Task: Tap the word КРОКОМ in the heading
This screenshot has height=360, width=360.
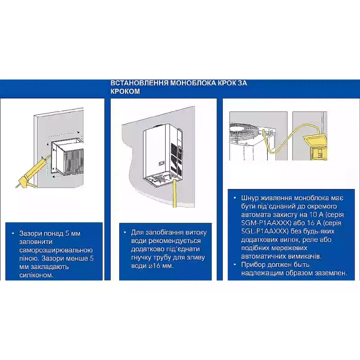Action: (x=125, y=91)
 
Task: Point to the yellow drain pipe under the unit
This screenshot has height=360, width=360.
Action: (x=175, y=193)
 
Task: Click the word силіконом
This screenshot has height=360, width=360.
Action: (x=36, y=275)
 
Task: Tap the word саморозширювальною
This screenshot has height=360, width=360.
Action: (x=56, y=250)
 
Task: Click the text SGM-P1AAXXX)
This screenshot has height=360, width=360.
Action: (x=266, y=223)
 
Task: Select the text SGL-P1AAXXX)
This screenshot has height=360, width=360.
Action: (x=265, y=231)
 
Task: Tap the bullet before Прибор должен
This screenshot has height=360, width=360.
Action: (x=234, y=265)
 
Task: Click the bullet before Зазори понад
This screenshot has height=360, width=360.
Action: (x=13, y=234)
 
